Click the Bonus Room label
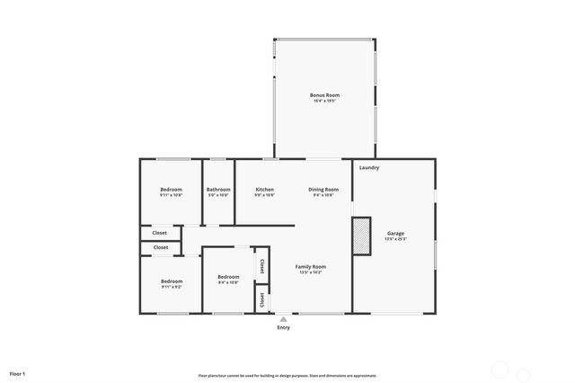click(x=324, y=94)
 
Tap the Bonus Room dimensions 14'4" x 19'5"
click(x=324, y=101)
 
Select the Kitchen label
click(x=264, y=189)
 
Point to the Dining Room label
click(x=323, y=189)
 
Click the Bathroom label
click(x=218, y=189)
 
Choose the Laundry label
click(x=368, y=167)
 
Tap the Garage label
click(x=395, y=233)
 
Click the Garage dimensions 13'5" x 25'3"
click(x=395, y=239)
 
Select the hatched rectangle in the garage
click(x=361, y=236)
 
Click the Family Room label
click(x=311, y=266)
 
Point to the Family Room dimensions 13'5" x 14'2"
click(x=311, y=272)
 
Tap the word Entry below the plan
click(x=284, y=327)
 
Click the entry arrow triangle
click(x=284, y=318)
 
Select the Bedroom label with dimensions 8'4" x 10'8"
click(x=228, y=276)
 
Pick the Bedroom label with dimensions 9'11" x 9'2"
click(x=172, y=281)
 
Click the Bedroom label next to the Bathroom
click(x=172, y=189)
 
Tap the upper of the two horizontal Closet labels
click(x=160, y=233)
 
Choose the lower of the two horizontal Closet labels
click(x=160, y=246)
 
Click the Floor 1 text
click(x=17, y=373)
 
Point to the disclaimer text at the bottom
click(x=287, y=376)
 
